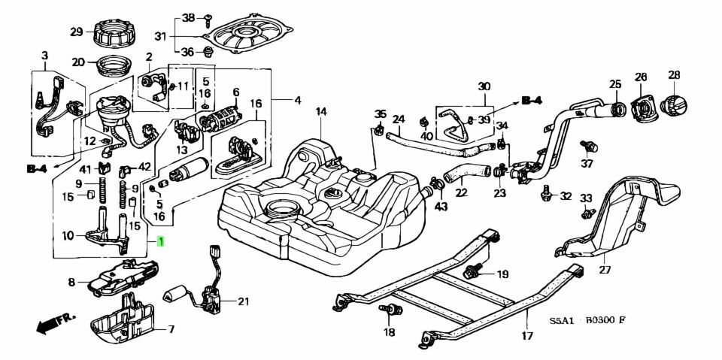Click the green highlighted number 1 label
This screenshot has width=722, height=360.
click(x=160, y=241)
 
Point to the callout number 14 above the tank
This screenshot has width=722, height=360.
click(x=321, y=111)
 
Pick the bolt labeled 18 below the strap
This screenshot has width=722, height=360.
click(x=389, y=310)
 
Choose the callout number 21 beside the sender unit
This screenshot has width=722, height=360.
click(x=243, y=301)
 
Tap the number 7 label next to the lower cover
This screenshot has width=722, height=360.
click(x=171, y=329)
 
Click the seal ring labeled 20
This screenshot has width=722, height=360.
click(x=114, y=68)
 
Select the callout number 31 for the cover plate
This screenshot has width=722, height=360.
click(x=159, y=36)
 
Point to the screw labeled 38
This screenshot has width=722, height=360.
click(x=208, y=19)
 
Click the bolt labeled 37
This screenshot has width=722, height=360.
click(x=589, y=147)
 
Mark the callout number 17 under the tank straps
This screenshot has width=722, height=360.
click(x=527, y=335)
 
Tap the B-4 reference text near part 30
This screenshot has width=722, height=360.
click(x=532, y=101)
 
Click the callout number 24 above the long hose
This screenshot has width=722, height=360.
click(x=398, y=119)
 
